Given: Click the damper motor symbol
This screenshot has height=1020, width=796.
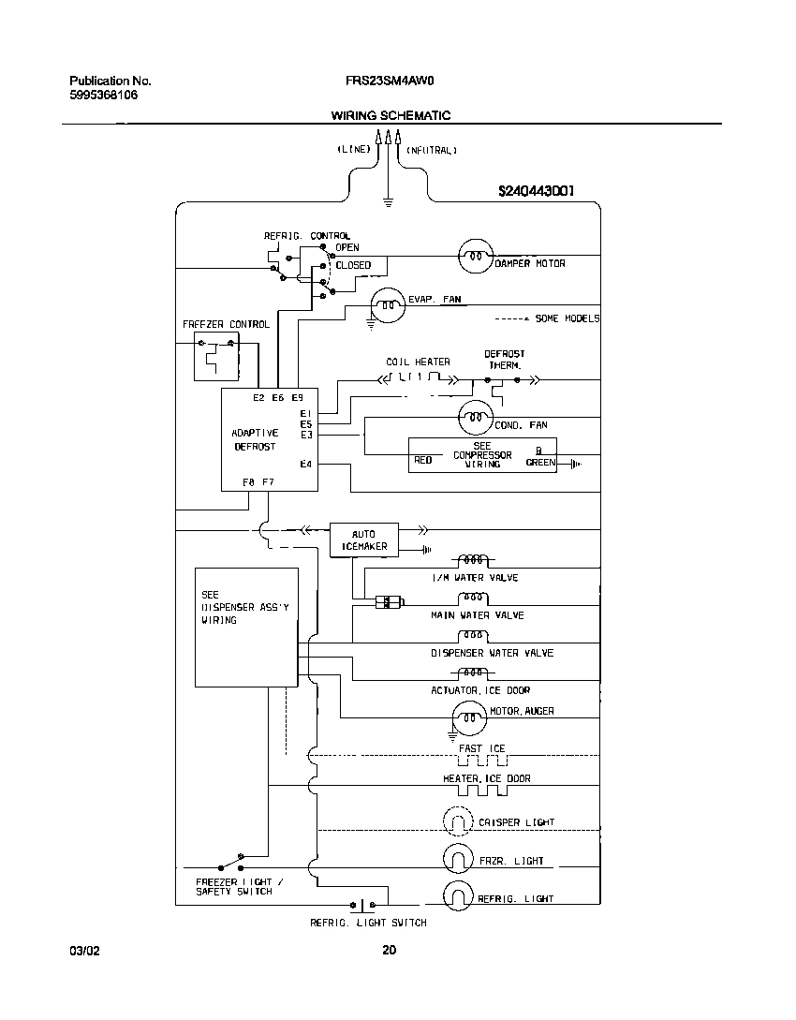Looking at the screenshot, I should tap(475, 255).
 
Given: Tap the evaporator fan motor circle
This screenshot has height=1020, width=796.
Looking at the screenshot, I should tap(387, 304).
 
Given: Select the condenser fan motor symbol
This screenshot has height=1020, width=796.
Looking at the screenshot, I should tap(475, 415).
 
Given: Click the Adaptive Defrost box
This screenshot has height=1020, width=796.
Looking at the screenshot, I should tap(269, 439).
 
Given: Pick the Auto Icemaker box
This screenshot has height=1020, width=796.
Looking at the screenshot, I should tap(363, 540).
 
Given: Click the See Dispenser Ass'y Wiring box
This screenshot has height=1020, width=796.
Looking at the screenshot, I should tap(245, 627).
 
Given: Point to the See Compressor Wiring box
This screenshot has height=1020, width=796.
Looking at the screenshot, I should tap(482, 455).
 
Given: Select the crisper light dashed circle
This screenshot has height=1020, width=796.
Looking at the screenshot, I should tap(459, 822).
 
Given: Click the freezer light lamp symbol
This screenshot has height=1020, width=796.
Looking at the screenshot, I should tap(459, 859).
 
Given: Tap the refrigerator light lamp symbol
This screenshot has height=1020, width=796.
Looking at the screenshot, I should tap(459, 896).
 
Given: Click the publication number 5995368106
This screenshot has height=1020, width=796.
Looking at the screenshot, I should tap(103, 96).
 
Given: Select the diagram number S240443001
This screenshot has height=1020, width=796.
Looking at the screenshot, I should tap(536, 191).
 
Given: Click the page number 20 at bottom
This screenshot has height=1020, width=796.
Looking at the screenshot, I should tap(390, 951).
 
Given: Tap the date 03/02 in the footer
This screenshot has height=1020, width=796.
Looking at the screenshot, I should tap(84, 951).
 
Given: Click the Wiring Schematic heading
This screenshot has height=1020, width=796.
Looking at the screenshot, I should tap(391, 115).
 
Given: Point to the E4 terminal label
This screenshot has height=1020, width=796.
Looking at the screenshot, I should tap(305, 465).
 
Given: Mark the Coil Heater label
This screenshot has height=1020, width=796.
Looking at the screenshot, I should tap(418, 362).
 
